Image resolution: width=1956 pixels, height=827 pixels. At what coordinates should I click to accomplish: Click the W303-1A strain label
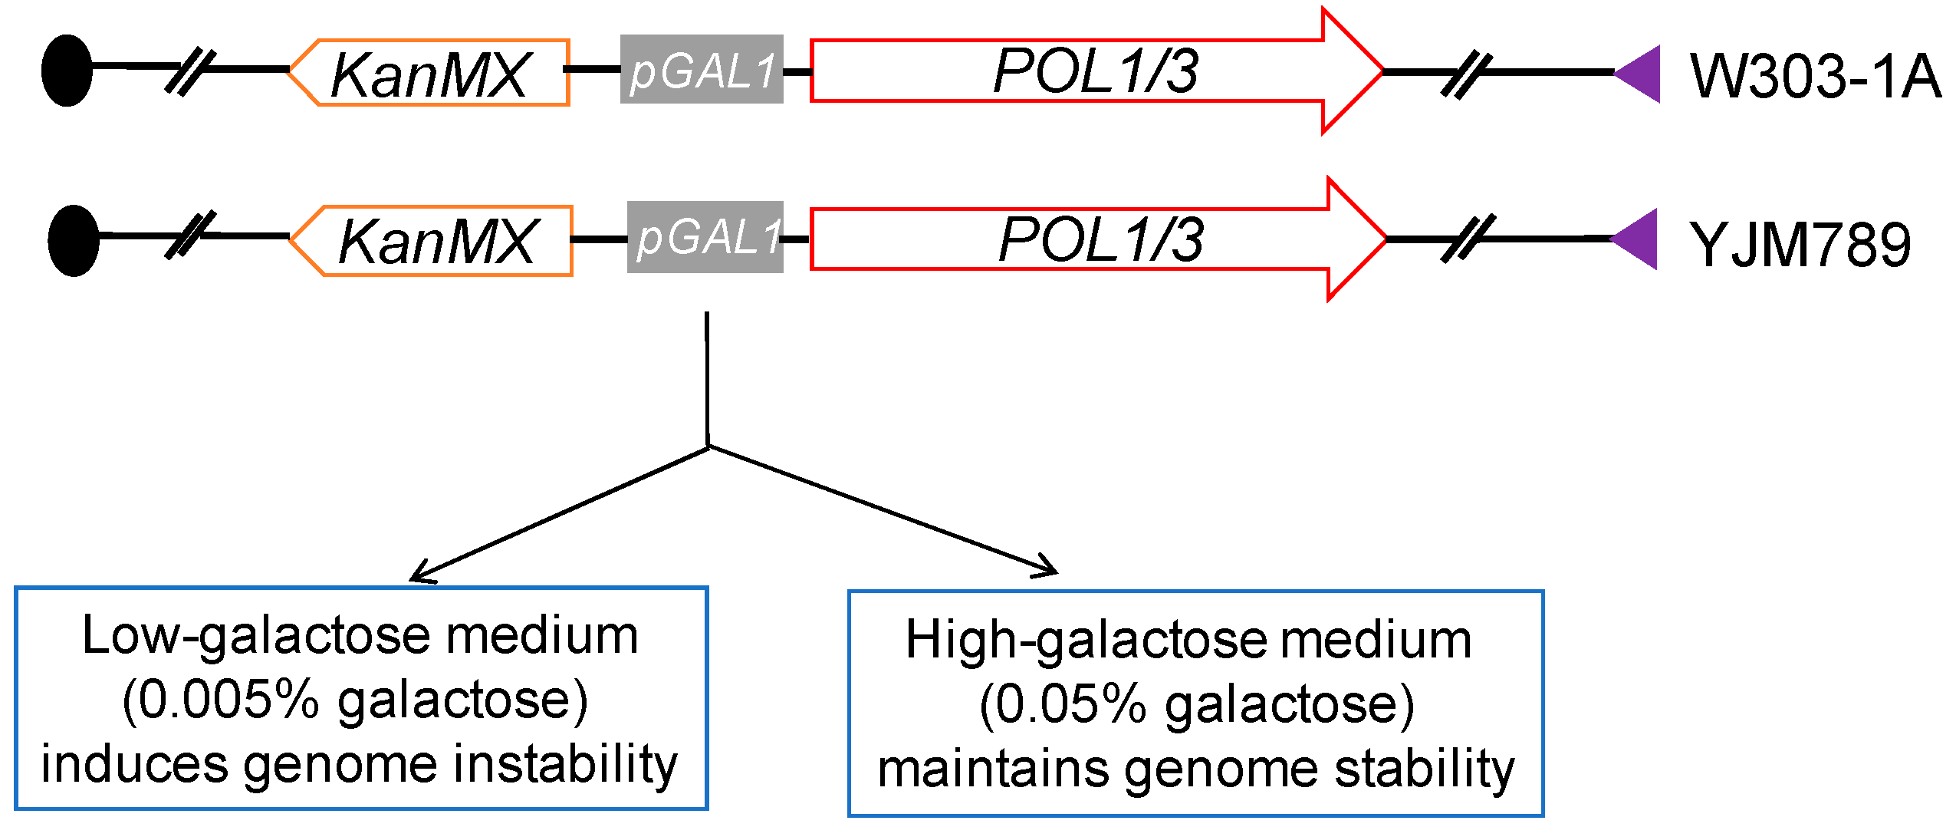tap(1814, 77)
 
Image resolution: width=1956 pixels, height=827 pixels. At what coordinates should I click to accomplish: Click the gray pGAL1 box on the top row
tap(702, 70)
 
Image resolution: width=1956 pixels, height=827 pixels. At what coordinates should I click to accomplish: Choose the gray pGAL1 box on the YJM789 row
tap(705, 237)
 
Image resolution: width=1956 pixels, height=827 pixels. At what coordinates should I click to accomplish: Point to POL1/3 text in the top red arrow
tap(1095, 71)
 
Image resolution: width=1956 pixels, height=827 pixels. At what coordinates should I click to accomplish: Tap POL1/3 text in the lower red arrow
tap(1100, 240)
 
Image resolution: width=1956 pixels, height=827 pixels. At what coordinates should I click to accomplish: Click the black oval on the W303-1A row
tap(67, 71)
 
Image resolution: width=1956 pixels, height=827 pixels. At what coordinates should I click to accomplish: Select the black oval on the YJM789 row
tap(74, 240)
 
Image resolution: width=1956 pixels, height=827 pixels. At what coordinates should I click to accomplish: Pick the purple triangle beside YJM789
tap(1639, 239)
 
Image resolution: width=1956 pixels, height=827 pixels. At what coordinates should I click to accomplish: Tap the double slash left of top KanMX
tap(191, 71)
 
